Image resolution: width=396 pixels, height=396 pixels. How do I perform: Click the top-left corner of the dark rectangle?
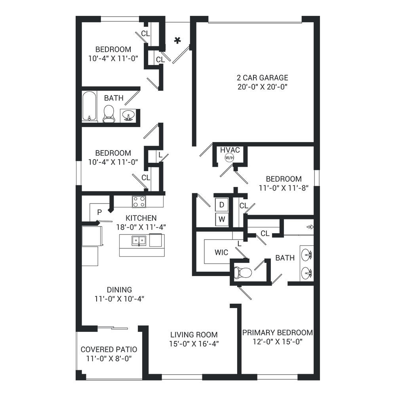(x=76, y=16)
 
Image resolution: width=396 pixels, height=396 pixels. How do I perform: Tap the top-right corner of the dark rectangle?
(x=319, y=16)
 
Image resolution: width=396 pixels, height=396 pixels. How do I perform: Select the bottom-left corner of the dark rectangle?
(x=76, y=380)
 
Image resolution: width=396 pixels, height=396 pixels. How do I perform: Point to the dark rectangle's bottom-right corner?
(x=319, y=380)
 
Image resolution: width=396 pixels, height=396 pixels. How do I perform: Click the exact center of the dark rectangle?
(x=198, y=198)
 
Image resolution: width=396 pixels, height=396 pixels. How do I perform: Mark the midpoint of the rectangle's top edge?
(x=198, y=16)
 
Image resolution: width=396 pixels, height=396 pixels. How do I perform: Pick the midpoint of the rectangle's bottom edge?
(x=198, y=380)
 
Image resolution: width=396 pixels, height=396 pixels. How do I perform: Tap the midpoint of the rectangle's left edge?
(x=76, y=198)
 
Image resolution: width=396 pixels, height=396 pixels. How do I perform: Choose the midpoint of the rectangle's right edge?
(x=319, y=198)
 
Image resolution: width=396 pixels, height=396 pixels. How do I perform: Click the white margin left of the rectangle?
(x=38, y=198)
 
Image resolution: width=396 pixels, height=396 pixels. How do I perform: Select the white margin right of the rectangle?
(x=358, y=198)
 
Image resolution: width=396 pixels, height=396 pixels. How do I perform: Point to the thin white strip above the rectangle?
(x=198, y=8)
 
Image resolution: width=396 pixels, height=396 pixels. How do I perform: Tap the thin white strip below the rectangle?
(x=198, y=388)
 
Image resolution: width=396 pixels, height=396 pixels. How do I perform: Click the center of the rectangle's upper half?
(x=198, y=107)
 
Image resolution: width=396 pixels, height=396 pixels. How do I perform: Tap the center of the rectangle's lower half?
(x=198, y=289)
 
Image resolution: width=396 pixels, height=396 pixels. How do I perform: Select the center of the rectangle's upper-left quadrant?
(x=137, y=107)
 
